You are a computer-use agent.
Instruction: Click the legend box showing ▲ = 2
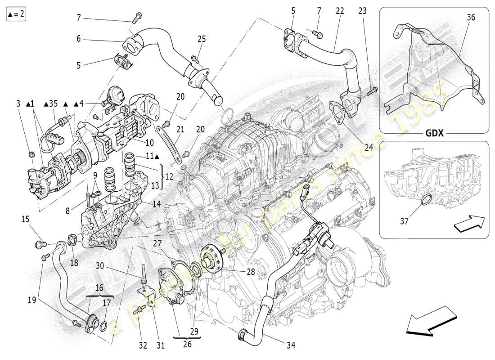tap(16, 14)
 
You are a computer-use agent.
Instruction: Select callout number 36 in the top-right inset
tap(471, 18)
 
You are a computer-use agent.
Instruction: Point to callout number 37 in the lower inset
tap(405, 220)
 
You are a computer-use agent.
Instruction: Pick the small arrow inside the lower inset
tap(468, 224)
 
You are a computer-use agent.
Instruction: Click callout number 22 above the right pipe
tap(339, 11)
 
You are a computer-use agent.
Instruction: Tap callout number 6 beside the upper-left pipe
tap(78, 39)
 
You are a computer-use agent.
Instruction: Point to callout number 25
tap(201, 39)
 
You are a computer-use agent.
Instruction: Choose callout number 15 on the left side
tap(25, 220)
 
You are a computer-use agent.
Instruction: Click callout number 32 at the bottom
tap(143, 345)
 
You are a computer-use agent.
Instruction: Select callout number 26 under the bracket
tap(187, 345)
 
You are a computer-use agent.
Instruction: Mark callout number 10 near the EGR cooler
tap(149, 143)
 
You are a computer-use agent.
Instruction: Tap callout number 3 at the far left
tap(18, 103)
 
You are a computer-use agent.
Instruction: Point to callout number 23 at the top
tap(363, 11)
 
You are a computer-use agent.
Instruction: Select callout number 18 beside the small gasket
tap(74, 262)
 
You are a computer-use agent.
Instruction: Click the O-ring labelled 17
tap(103, 326)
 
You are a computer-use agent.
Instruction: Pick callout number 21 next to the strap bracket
tap(180, 130)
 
